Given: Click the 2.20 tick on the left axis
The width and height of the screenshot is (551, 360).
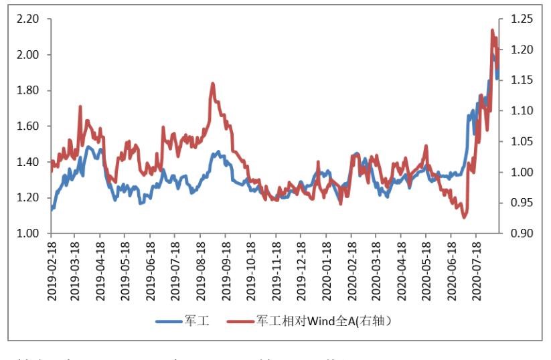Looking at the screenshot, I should pyautogui.click(x=29, y=19).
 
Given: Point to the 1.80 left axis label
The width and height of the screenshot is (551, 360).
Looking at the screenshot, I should pyautogui.click(x=29, y=90).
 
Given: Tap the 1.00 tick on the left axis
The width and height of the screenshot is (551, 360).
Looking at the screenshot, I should pyautogui.click(x=29, y=234).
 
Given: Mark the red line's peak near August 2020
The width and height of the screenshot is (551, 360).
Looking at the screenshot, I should pyautogui.click(x=492, y=30).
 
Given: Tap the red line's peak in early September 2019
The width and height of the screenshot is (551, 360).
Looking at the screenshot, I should pyautogui.click(x=212, y=84).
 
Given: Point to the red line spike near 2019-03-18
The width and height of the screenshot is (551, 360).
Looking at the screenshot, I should pyautogui.click(x=80, y=106).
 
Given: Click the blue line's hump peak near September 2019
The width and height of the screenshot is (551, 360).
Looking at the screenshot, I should pyautogui.click(x=218, y=153).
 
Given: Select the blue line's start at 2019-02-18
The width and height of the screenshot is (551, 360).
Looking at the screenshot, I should pyautogui.click(x=51, y=209).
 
